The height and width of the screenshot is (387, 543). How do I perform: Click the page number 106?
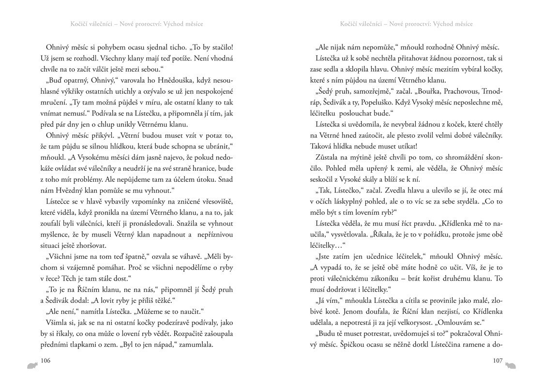46,360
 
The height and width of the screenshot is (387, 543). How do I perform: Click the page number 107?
498,360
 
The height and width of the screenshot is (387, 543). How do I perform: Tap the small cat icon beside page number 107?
511,364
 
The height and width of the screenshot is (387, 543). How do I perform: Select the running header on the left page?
136,24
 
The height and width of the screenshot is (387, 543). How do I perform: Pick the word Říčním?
92,290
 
